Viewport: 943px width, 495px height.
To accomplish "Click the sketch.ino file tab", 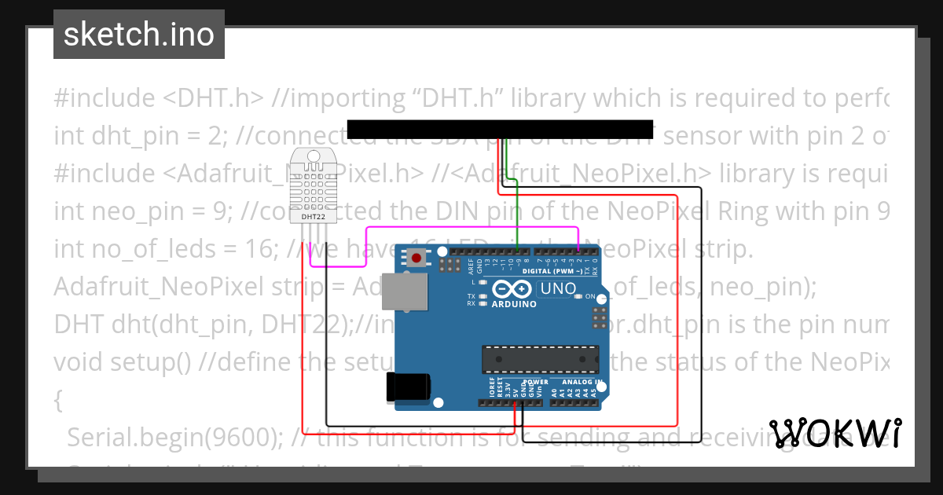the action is tap(139, 35).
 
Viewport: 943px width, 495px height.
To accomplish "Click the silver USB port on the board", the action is tap(405, 291).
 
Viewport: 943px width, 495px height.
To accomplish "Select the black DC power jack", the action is tap(408, 388).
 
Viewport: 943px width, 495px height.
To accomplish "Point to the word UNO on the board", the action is tap(558, 288).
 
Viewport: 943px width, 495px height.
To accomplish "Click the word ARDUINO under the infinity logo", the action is tap(515, 304).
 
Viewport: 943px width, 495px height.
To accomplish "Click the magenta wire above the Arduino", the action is tap(472, 229).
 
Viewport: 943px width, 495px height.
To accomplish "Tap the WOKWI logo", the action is tap(835, 434).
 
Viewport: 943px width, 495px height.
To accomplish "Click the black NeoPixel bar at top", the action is tap(500, 130).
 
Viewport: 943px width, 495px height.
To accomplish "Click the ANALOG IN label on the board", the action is tap(582, 382).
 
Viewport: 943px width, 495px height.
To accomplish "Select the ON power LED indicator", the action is tap(579, 296).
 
